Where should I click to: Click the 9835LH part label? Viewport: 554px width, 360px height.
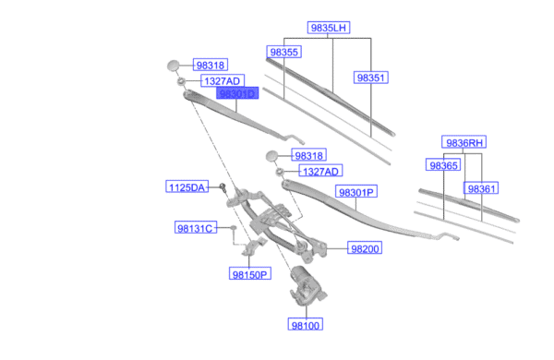329,29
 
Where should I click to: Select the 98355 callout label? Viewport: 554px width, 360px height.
283,53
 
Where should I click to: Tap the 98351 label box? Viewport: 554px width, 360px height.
370,78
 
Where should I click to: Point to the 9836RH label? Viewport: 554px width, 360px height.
464,142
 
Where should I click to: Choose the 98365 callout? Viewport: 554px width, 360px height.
443,165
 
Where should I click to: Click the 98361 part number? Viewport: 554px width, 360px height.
482,188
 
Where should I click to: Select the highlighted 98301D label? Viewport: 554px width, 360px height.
237,94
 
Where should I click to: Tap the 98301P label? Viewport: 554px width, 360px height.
355,193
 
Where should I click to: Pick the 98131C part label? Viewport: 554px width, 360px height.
195,228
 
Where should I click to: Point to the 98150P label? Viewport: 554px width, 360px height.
249,274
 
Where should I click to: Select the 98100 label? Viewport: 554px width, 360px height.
307,325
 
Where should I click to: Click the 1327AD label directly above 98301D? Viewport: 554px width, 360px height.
222,80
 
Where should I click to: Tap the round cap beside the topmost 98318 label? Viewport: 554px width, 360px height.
175,66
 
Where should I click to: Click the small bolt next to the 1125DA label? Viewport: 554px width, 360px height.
224,187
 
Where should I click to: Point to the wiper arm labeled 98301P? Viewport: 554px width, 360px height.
369,218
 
